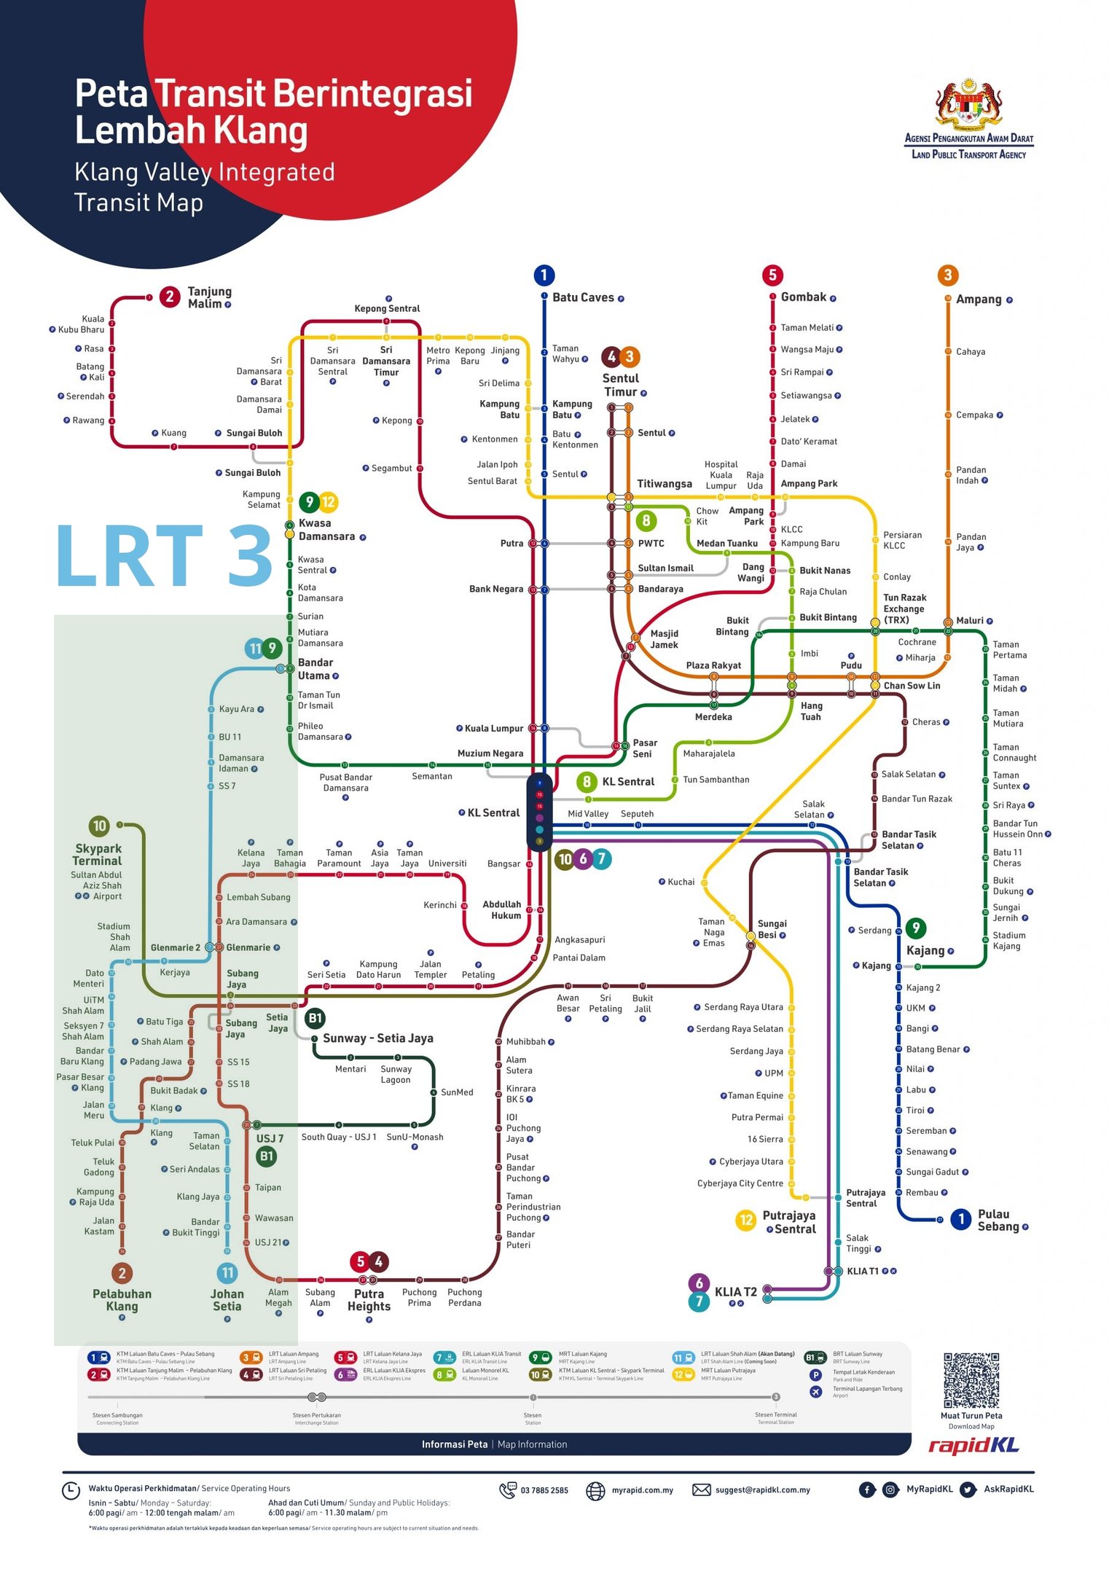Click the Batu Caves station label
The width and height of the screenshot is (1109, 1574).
coord(582,297)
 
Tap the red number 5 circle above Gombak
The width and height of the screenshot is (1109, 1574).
coord(772,275)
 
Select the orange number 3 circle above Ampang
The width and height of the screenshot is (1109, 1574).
coord(947,275)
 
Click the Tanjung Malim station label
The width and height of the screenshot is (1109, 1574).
coord(209,297)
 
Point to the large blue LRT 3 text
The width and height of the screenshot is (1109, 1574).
coord(164,555)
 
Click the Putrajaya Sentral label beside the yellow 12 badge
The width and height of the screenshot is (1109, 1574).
coord(789,1222)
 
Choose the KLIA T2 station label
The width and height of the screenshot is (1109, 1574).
coord(735,1292)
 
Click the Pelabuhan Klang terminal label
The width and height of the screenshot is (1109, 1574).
coord(122,1300)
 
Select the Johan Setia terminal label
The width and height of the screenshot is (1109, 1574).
coord(227,1300)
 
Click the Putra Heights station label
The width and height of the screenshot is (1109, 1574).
coord(369,1300)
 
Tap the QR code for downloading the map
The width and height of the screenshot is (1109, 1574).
coord(971,1380)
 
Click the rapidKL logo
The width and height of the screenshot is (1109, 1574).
coord(973,1446)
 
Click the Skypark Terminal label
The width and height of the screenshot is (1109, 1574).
coord(98,854)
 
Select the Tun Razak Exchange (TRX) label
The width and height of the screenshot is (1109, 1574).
coord(904,608)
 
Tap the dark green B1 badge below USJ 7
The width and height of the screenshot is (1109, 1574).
coord(267,1156)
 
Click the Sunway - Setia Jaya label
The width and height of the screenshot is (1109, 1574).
coord(377,1038)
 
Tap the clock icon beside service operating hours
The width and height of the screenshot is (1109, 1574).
coord(71,1490)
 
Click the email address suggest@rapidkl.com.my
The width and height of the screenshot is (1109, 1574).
coord(762,1490)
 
